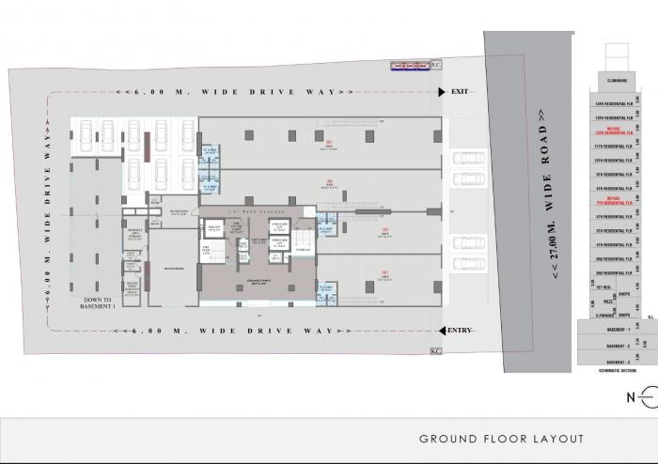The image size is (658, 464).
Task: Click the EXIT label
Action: coord(460,91)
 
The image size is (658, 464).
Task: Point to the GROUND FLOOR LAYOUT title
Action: coord(501,439)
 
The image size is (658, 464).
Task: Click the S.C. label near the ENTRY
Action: coord(436,351)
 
